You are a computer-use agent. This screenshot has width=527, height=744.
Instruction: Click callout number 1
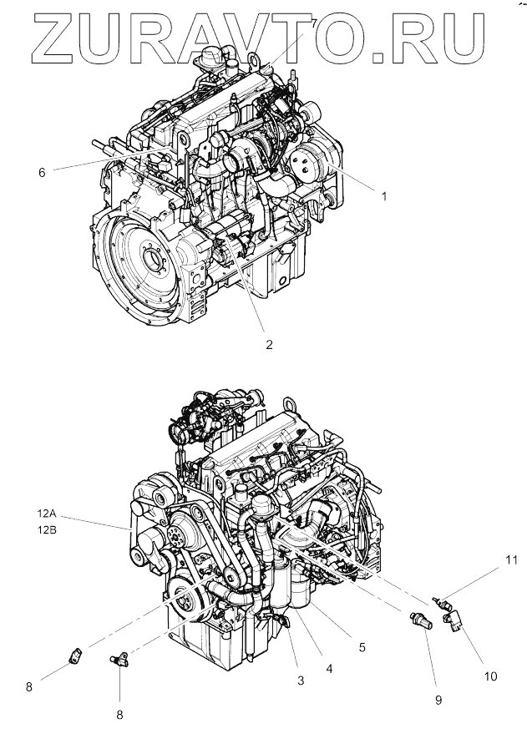click(383, 196)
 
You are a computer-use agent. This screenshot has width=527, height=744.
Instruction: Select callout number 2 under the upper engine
click(269, 343)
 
